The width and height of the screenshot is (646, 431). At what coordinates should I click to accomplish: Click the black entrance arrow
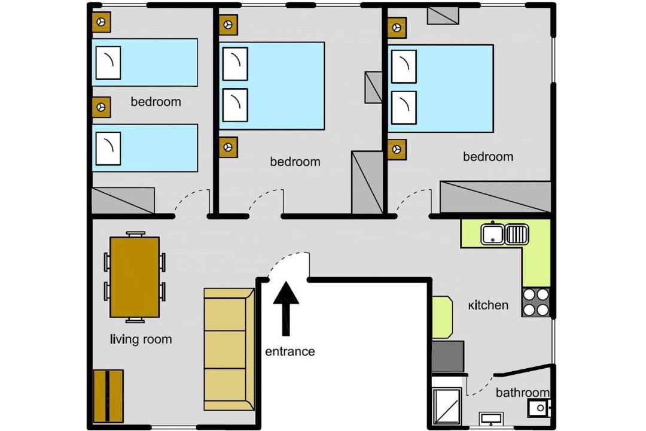pyautogui.click(x=286, y=308)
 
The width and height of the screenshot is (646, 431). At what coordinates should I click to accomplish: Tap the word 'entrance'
pyautogui.click(x=290, y=351)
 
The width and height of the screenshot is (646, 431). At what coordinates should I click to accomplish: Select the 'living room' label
pyautogui.click(x=141, y=339)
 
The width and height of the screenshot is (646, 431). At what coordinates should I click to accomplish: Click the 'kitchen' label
pyautogui.click(x=488, y=305)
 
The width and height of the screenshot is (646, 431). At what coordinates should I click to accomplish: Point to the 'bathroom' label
pyautogui.click(x=522, y=392)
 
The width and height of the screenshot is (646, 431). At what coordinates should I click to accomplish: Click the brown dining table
pyautogui.click(x=135, y=277)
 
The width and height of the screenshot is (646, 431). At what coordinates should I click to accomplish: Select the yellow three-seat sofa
pyautogui.click(x=229, y=350)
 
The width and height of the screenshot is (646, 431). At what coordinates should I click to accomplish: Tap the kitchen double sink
pyautogui.click(x=505, y=235)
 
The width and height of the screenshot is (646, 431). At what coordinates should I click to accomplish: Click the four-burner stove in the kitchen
pyautogui.click(x=535, y=302)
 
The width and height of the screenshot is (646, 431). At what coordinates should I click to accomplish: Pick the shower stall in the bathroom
pyautogui.click(x=447, y=406)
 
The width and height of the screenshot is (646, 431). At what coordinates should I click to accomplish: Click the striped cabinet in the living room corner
pyautogui.click(x=108, y=396)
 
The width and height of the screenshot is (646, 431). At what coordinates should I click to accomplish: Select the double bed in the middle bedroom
pyautogui.click(x=272, y=86)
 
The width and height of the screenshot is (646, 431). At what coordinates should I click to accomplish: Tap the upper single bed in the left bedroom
pyautogui.click(x=145, y=62)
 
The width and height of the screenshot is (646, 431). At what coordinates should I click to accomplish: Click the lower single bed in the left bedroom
pyautogui.click(x=145, y=148)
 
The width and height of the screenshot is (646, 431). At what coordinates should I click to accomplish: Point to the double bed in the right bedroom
pyautogui.click(x=441, y=88)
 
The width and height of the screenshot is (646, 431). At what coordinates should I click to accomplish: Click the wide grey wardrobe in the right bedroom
pyautogui.click(x=496, y=197)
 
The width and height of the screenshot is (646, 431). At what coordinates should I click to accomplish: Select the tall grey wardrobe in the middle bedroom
pyautogui.click(x=367, y=183)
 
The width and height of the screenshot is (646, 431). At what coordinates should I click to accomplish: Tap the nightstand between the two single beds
pyautogui.click(x=101, y=107)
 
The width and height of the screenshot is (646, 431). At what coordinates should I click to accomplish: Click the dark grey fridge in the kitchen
pyautogui.click(x=448, y=356)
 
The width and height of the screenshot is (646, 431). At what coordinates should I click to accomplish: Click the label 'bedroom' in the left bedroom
pyautogui.click(x=156, y=102)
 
